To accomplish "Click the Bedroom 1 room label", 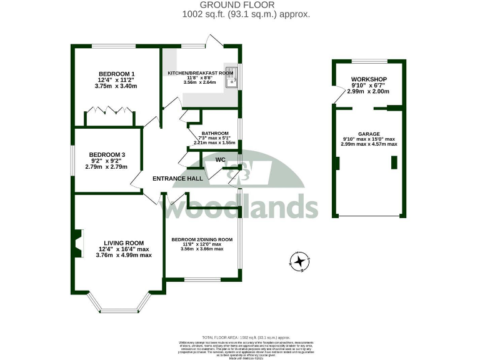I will tap(116, 73).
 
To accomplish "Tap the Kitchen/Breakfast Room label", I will tap(200, 73).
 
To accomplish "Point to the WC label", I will tap(220, 159).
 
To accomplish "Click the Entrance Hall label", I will tap(178, 179).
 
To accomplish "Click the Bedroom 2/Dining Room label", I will tap(202, 239).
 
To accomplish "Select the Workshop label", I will tap(369, 78).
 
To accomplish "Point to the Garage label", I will tap(369, 133).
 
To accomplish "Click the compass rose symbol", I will tap(301, 261).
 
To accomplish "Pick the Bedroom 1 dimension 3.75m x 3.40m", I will tap(116, 86).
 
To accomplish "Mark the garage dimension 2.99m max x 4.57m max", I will tap(369, 144).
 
